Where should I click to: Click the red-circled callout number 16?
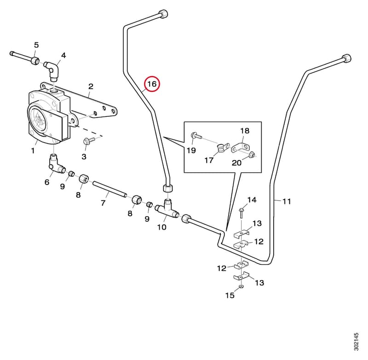[x=152, y=84]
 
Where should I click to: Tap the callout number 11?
[x=287, y=201]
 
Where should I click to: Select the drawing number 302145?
[x=356, y=342]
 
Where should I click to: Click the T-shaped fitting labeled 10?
[x=167, y=208]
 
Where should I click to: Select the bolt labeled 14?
[x=241, y=213]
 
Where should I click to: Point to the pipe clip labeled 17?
[x=222, y=148]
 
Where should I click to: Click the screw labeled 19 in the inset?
[x=196, y=135]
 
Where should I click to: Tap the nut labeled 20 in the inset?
[x=252, y=154]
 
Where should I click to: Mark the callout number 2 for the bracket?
[x=91, y=86]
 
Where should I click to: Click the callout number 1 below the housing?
[x=33, y=150]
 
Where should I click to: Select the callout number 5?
[x=36, y=45]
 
